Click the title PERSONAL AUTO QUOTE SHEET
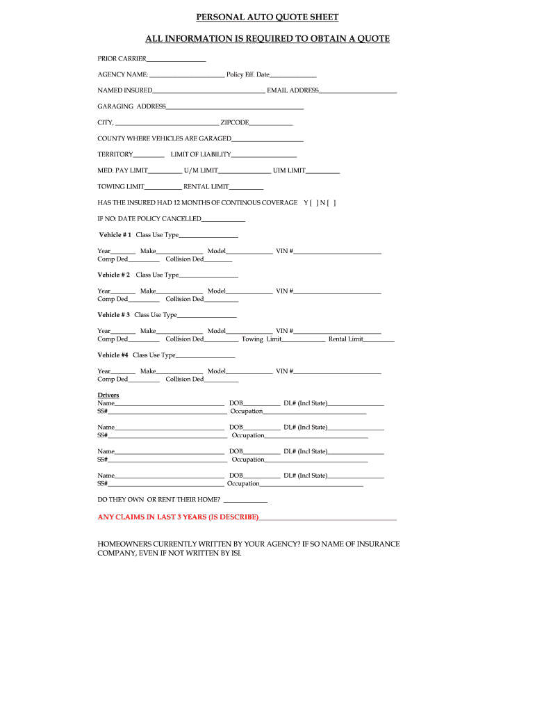[267, 17]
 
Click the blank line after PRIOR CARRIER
[176, 59]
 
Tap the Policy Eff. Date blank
[293, 75]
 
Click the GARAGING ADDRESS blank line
[235, 107]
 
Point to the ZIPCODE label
[234, 122]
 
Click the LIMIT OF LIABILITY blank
[264, 155]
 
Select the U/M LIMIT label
[201, 170]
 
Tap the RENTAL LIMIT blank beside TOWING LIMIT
[246, 187]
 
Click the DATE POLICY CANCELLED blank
[223, 220]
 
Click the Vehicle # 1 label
[115, 235]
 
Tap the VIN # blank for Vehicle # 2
[337, 292]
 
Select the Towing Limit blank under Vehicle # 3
[304, 340]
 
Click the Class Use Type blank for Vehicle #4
[206, 356]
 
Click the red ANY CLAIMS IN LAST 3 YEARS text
[178, 517]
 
